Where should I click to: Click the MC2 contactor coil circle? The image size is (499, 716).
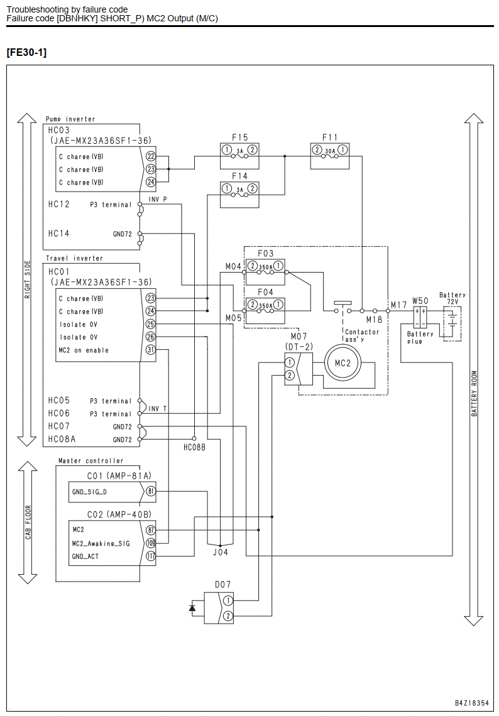coord(343,364)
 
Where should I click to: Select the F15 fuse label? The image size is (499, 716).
coord(239,137)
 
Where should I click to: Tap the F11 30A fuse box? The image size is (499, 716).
coord(329,156)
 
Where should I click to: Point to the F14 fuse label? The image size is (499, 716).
coord(239,176)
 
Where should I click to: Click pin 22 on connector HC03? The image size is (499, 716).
coord(151,156)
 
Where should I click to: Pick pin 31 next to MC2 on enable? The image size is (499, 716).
coord(151,350)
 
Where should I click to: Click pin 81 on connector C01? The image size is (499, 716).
coord(151,492)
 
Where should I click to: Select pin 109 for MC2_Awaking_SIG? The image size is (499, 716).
coord(151,543)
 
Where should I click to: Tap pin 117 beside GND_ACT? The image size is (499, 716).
coord(151,556)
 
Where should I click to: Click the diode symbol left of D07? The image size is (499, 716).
coord(192,608)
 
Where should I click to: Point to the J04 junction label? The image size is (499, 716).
coord(220,553)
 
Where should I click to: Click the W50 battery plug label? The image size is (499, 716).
coord(420,301)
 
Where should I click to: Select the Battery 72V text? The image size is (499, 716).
coord(452,298)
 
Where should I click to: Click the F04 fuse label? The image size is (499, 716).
coord(265,292)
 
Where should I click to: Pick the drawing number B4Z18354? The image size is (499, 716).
coord(471,703)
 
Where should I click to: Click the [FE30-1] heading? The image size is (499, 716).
coord(26,53)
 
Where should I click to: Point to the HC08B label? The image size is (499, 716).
coord(195,447)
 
